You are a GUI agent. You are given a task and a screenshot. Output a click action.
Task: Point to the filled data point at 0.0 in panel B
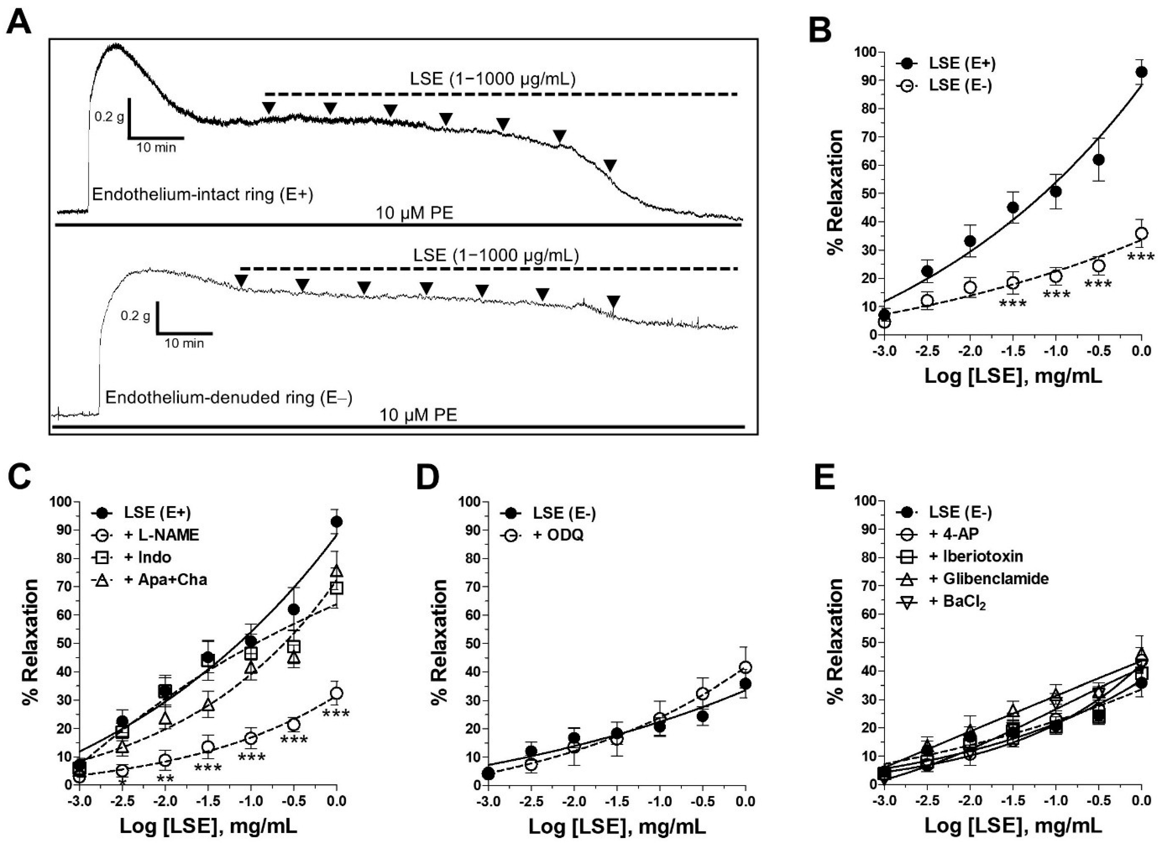pyautogui.click(x=1141, y=72)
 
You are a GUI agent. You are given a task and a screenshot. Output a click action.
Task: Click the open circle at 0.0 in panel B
pyautogui.click(x=1141, y=234)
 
